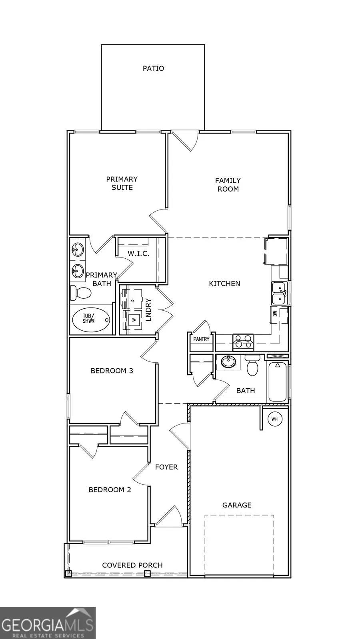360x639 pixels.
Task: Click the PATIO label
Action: point(153,68)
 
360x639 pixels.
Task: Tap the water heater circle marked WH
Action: point(274,419)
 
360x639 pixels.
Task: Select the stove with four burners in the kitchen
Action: point(243,341)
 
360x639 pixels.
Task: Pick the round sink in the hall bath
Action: point(228,362)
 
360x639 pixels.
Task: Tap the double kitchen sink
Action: point(279,293)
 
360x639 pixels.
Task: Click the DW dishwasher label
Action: point(275,314)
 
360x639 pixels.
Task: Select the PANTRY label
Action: point(201,339)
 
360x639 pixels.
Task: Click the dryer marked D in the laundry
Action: point(132,300)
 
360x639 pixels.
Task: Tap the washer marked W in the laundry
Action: point(134,319)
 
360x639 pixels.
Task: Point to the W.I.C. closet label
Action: point(138,254)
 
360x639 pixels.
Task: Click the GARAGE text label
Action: point(237,505)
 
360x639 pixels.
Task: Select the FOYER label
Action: point(166,467)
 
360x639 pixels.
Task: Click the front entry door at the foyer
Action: point(169,517)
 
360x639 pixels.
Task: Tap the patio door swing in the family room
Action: point(185,141)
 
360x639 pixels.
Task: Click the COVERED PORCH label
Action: point(132,565)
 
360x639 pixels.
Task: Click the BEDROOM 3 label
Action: point(112,371)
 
